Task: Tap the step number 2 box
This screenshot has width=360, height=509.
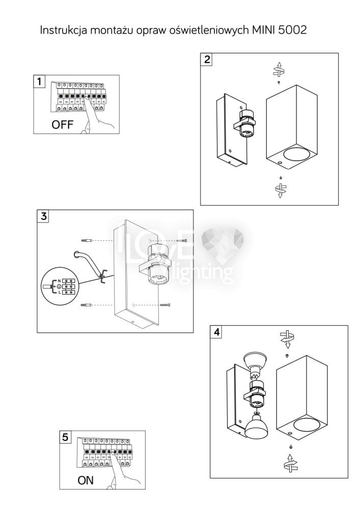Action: point(207,59)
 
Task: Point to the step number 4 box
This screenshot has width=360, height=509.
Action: point(217,332)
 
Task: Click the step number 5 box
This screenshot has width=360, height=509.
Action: point(65,437)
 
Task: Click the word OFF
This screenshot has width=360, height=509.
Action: point(62,125)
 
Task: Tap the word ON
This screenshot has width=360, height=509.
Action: point(86,480)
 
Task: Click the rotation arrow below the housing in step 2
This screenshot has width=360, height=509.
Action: point(280,190)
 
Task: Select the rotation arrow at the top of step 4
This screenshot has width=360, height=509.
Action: point(287,337)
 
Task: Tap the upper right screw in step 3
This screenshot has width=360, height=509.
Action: point(182,240)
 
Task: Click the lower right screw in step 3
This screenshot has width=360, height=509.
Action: point(165,305)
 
